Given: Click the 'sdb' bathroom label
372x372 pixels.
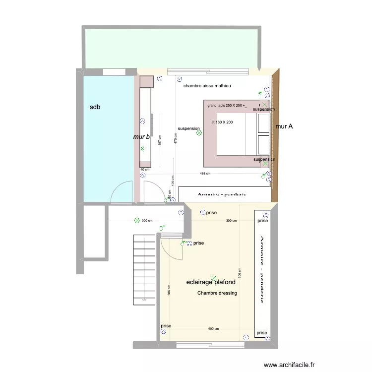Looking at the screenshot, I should point(95,107).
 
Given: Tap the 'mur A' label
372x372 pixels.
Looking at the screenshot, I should point(284,126).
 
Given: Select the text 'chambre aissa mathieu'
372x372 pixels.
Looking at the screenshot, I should point(207,86).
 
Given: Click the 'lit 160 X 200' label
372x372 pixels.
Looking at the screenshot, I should point(222,122).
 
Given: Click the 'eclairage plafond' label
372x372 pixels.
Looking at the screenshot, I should point(210,282).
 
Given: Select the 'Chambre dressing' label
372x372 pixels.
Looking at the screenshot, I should point(217,293).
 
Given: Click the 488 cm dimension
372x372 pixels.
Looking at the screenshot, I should point(205,174).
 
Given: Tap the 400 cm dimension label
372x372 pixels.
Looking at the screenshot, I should point(213,329).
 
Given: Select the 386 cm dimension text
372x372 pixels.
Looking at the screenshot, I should point(169,291).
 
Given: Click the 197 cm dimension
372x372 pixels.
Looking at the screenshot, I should point(159,141).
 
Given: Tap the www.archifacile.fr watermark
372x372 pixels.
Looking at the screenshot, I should point(289,365).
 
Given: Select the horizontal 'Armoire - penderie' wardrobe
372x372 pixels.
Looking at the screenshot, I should point(225,194).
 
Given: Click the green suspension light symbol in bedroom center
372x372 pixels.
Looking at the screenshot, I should point(199,132).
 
